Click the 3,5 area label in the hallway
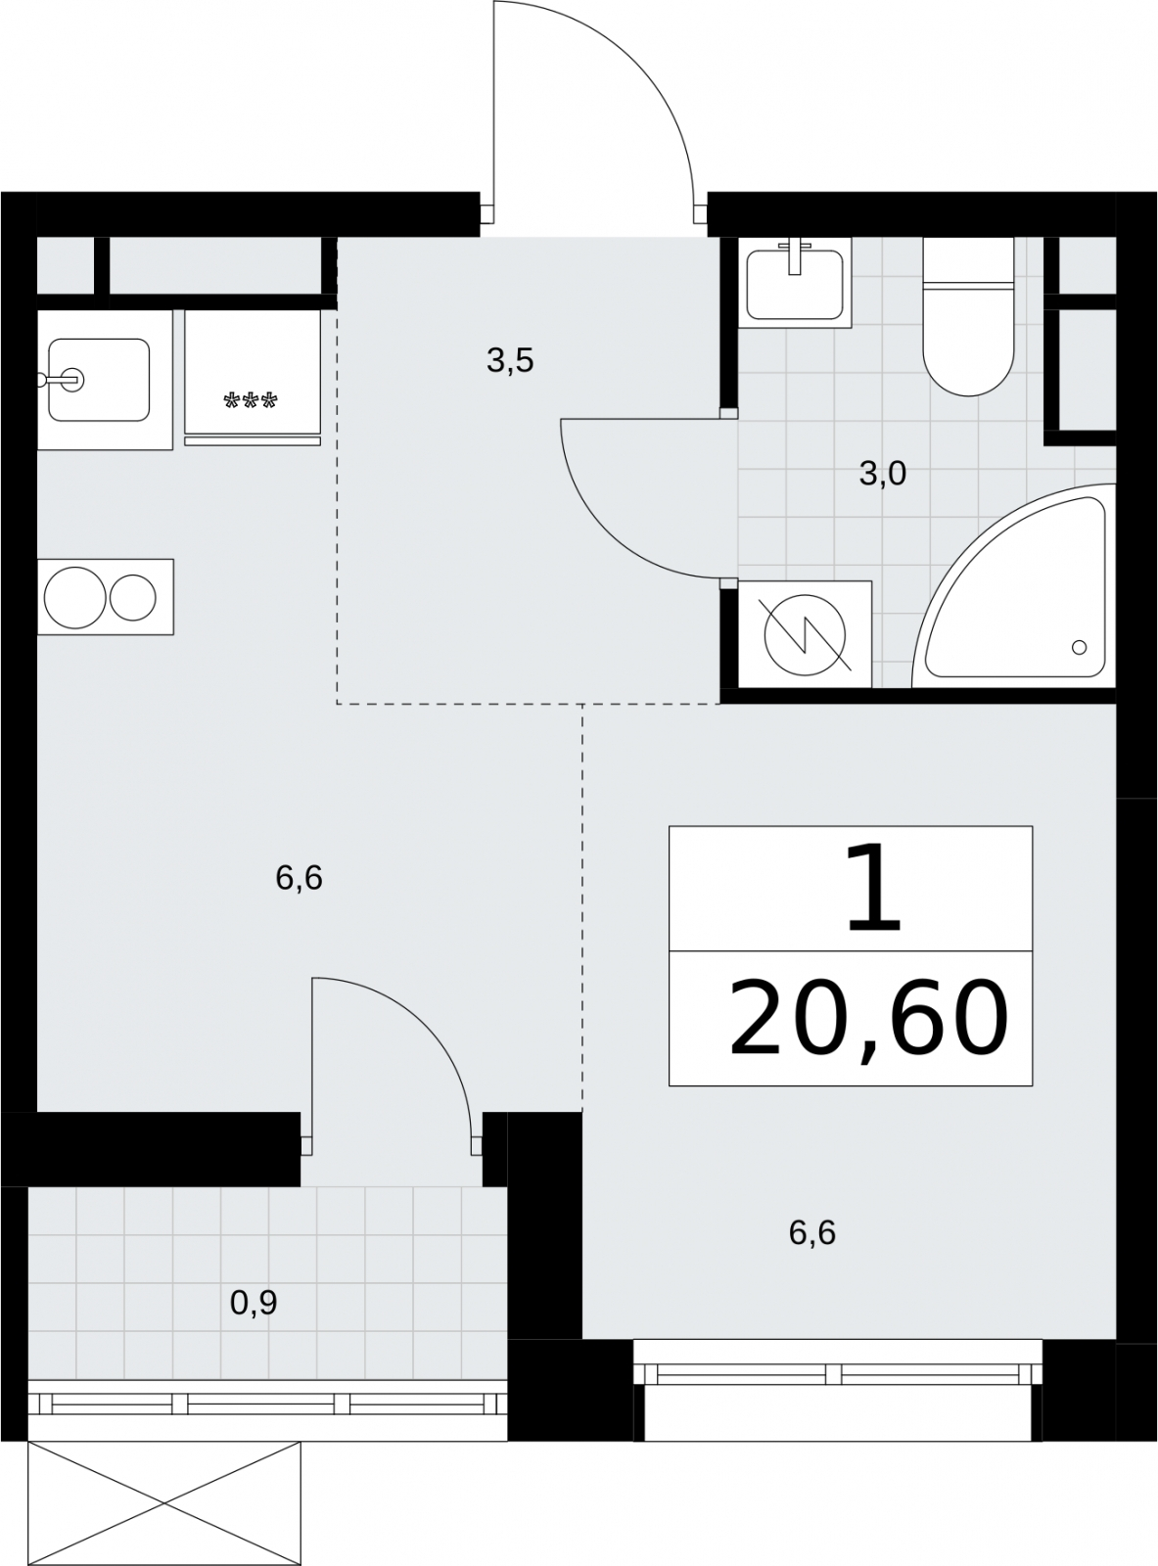tap(510, 361)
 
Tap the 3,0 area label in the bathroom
tap(883, 475)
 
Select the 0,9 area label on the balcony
tap(254, 1303)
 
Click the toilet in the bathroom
tap(969, 316)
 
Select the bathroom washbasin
tap(795, 283)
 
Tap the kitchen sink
tap(99, 380)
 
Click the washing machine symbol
tap(805, 634)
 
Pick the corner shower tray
tap(1015, 586)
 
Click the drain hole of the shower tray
tap(1079, 647)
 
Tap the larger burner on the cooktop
tap(74, 597)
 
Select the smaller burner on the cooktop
tap(133, 597)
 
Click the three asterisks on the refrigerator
tap(251, 401)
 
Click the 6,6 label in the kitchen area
tap(299, 878)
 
